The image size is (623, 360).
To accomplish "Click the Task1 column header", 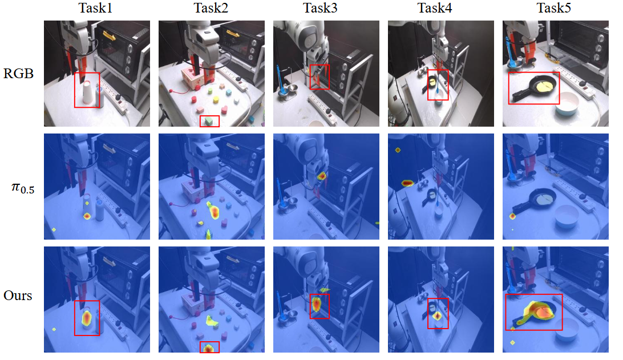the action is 95,8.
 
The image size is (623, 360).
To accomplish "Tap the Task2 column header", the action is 211,8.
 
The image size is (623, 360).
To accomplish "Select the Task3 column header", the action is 320,8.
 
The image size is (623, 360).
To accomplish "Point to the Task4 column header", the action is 435,8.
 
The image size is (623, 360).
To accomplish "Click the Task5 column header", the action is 554,8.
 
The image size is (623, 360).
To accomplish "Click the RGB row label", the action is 18,74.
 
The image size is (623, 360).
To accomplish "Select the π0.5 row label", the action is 23,188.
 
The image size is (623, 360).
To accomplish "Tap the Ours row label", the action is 18,296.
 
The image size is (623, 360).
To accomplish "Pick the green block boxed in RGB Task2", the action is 209,121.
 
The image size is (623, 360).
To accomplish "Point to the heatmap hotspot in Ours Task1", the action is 87,319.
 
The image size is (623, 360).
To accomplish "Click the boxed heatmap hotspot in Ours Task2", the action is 209,349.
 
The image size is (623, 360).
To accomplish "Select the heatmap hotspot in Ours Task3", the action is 316,304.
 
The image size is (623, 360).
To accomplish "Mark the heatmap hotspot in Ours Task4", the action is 438,316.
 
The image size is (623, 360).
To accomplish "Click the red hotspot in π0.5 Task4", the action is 408,183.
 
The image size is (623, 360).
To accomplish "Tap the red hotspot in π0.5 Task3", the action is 322,176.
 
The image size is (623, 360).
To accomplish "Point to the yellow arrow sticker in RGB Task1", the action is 110,36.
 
